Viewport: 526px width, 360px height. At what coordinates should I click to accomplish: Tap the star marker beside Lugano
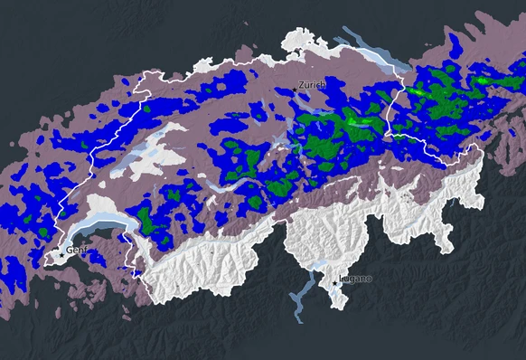click(x=336, y=283)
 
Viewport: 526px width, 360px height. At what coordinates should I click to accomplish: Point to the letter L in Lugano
click(x=341, y=279)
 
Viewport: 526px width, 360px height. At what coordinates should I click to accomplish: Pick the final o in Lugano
click(x=368, y=279)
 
